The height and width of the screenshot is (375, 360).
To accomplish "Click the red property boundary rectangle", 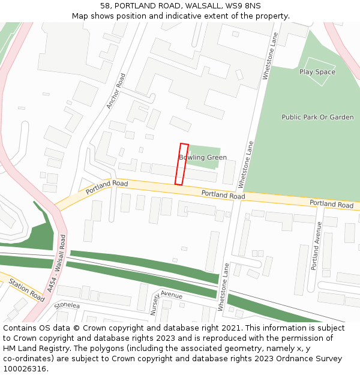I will pos(181,164).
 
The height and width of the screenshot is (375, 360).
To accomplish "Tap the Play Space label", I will pos(317,72).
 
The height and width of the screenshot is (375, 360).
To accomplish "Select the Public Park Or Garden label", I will pos(317,117).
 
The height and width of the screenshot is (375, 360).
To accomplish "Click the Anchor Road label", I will pos(116,91).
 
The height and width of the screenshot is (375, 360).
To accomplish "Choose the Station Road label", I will pos(26,289).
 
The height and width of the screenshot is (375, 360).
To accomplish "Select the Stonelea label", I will pos(67,305).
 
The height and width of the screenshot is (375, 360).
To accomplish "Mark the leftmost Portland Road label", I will pos(107,187).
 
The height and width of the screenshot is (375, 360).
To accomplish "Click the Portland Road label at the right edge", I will pos(331,204).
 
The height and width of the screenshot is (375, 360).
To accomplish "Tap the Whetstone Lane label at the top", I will pos(269,56).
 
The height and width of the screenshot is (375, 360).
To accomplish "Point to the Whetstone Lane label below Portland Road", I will pos(223,287).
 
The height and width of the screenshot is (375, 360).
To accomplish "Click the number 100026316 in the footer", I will pos(25,368).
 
